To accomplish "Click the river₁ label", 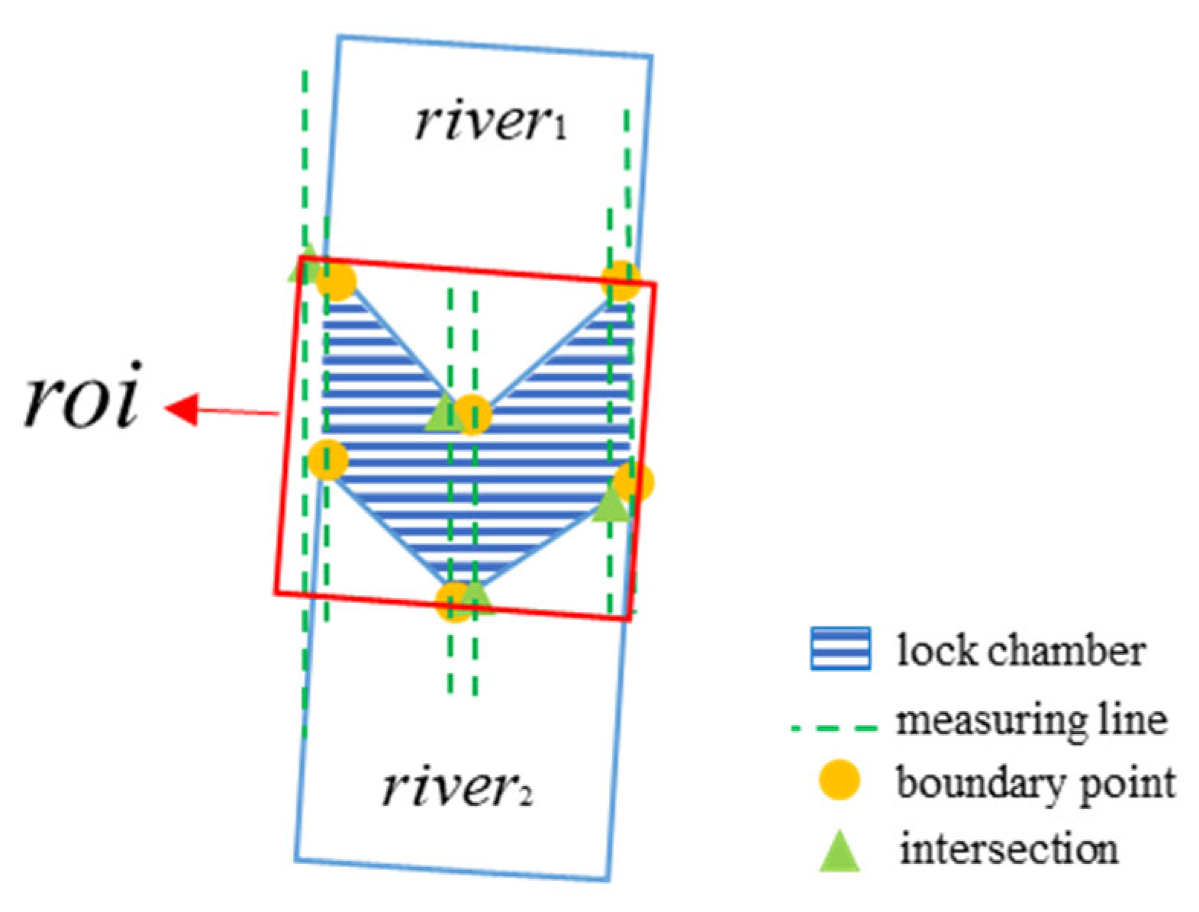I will (490, 121).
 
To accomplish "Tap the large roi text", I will (81, 395).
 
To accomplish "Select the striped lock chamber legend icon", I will (840, 649).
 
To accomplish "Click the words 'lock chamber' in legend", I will (1020, 651).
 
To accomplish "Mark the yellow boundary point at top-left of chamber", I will (336, 282).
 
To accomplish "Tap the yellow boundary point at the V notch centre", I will (473, 415).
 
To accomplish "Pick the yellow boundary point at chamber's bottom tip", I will (453, 602).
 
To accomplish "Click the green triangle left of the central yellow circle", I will (441, 415).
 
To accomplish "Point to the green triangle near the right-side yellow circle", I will (611, 504).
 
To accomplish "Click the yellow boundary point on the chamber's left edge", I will (329, 460).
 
